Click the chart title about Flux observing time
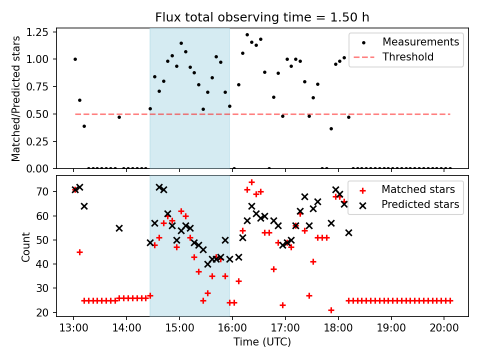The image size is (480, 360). pyautogui.click(x=262, y=17)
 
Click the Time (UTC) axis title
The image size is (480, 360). pyautogui.click(x=262, y=342)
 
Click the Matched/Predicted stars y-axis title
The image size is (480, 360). pyautogui.click(x=16, y=98)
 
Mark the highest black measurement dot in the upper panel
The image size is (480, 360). pyautogui.click(x=247, y=35)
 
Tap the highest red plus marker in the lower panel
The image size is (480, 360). pyautogui.click(x=251, y=182)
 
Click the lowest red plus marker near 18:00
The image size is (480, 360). pyautogui.click(x=331, y=310)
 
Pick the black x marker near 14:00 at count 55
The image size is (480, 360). pyautogui.click(x=119, y=228)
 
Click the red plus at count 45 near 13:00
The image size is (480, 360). pyautogui.click(x=79, y=252)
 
